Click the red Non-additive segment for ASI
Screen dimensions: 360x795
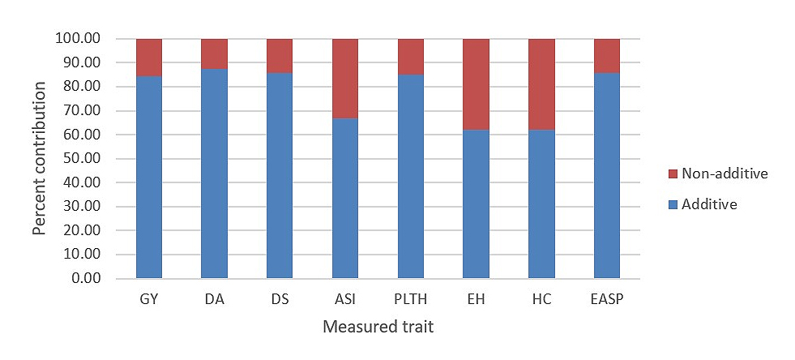point(345,79)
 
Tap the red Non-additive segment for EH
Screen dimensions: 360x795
point(477,84)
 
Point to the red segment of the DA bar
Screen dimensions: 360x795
point(214,54)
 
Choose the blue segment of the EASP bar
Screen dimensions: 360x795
point(607,175)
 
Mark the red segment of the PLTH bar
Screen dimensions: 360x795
point(411,57)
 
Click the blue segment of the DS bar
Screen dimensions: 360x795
point(280,175)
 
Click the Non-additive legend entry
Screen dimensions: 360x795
point(724,173)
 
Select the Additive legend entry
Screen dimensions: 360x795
point(709,204)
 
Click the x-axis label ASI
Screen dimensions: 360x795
point(345,299)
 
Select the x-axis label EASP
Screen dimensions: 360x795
point(607,299)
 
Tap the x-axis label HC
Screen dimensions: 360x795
point(541,299)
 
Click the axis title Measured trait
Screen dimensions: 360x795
point(378,328)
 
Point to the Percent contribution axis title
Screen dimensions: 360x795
point(40,159)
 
